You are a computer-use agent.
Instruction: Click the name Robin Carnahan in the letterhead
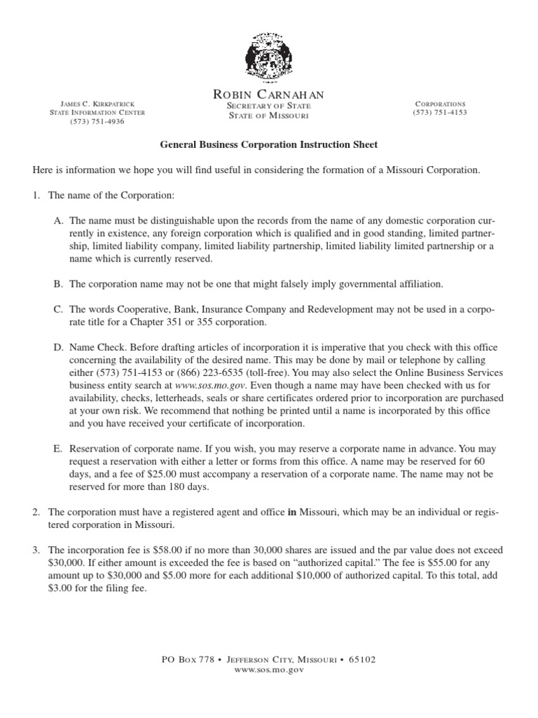[268, 95]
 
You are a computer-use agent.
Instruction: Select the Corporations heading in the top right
[441, 104]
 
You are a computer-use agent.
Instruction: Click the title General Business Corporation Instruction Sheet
[269, 144]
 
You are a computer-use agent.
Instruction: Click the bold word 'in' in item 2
[291, 513]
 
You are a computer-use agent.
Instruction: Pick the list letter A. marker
[58, 220]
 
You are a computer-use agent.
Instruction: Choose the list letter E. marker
[58, 449]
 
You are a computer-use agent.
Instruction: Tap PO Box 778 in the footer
[186, 660]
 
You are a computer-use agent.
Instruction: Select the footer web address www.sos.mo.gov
[269, 670]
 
